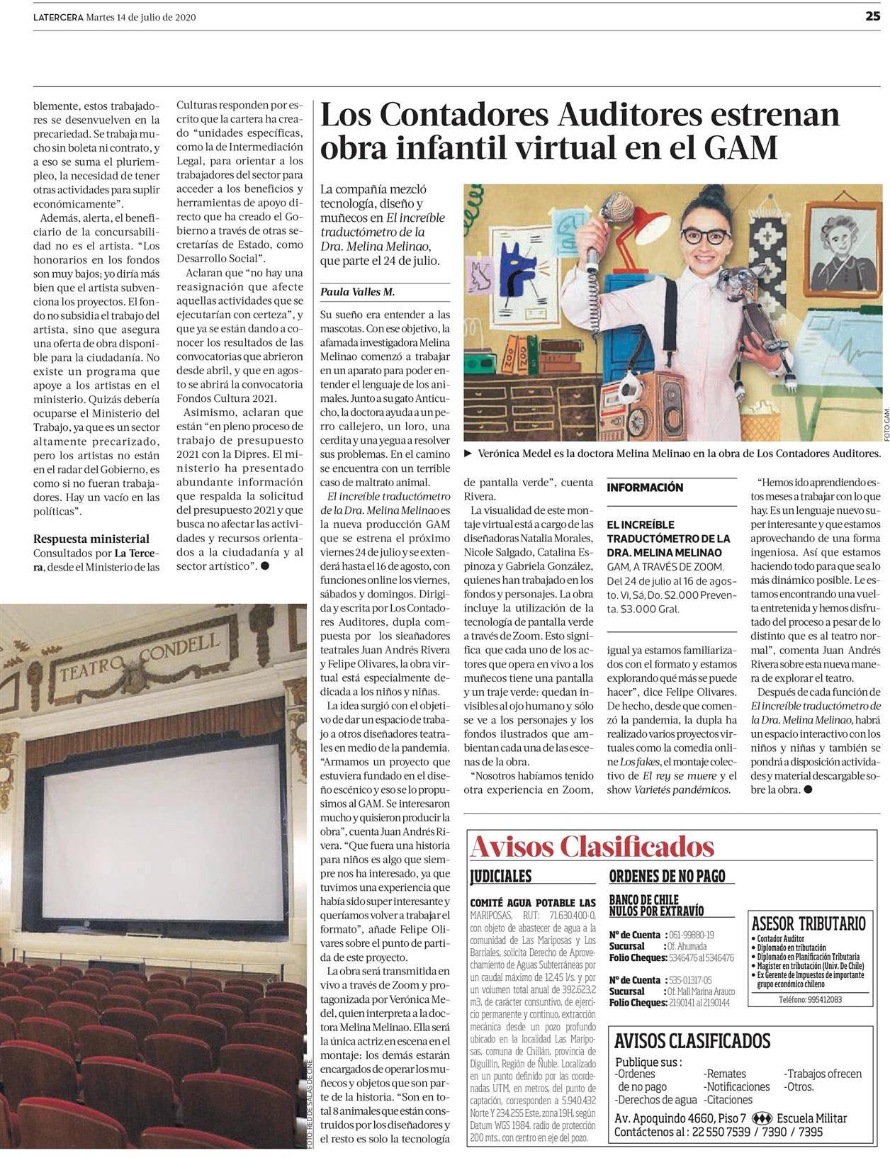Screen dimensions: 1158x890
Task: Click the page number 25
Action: pyautogui.click(x=872, y=17)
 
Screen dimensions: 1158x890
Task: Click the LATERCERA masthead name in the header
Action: pyautogui.click(x=58, y=18)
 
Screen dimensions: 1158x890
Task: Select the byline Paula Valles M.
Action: pyautogui.click(x=357, y=291)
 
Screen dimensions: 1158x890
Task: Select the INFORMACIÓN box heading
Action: pyautogui.click(x=645, y=488)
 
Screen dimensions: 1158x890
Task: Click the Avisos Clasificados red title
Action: pyautogui.click(x=592, y=846)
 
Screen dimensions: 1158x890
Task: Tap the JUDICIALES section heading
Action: pyautogui.click(x=500, y=876)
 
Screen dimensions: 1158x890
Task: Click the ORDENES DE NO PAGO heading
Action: pyautogui.click(x=667, y=876)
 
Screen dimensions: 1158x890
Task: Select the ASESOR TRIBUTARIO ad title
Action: pyautogui.click(x=808, y=923)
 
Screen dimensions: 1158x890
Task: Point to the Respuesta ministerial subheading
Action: pyautogui.click(x=91, y=539)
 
